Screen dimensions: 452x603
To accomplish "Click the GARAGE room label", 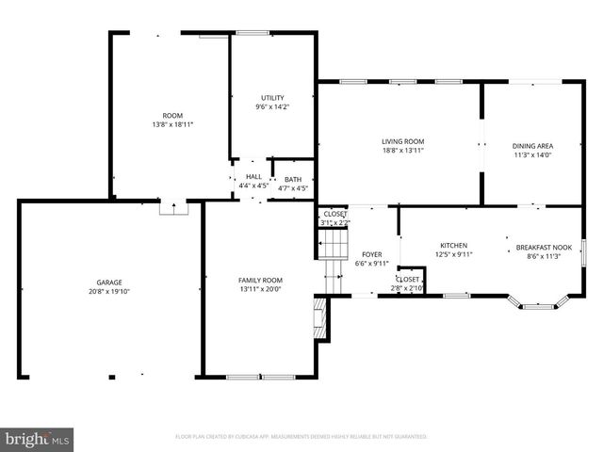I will (108, 282).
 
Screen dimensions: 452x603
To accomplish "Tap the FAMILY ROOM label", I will (259, 280).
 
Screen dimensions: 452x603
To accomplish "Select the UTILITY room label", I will (272, 98).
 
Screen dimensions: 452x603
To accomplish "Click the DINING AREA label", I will (532, 146).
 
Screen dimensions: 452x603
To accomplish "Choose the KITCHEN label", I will (453, 245).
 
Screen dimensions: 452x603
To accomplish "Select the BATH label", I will (293, 179).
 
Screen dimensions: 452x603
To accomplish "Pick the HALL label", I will (253, 177).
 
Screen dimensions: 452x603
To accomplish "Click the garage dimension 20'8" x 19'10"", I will (108, 291).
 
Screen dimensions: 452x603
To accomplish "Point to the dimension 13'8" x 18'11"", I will (172, 124).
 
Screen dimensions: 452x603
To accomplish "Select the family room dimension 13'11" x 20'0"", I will (259, 289).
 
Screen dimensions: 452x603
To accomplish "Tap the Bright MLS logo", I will (38, 438).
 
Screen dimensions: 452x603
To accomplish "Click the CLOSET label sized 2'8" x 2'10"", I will (408, 280).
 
